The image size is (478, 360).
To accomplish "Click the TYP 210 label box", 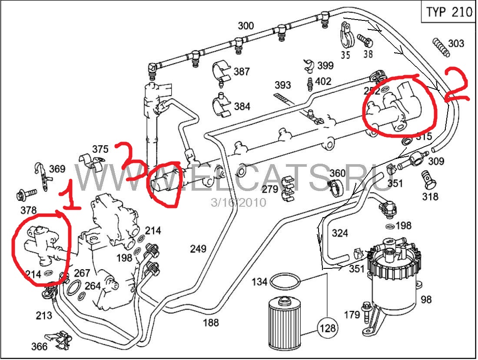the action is click(449, 12).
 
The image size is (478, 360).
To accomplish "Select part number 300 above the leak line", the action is click(246, 26).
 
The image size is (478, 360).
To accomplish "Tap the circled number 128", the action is click(328, 328).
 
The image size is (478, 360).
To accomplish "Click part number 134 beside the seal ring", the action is click(259, 282).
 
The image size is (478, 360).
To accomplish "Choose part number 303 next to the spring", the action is click(456, 43).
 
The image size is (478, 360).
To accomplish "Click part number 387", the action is click(242, 72).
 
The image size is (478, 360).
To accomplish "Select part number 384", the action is click(242, 106).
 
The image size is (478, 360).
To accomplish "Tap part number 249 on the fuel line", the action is click(198, 249).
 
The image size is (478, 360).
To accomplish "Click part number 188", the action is click(211, 323).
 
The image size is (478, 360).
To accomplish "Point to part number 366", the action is click(39, 347).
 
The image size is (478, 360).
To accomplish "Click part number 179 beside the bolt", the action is click(352, 314).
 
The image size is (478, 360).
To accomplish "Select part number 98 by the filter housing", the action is click(426, 299).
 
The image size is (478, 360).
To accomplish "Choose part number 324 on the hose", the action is click(340, 233).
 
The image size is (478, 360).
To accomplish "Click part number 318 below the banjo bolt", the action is click(430, 197).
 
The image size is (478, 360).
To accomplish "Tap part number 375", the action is click(100, 149).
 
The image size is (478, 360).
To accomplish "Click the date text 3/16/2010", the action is click(239, 202).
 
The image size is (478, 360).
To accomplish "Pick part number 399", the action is click(325, 66).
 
